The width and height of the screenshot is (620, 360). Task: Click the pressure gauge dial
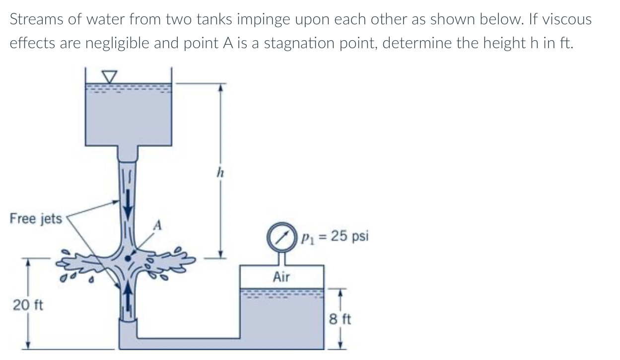click(281, 237)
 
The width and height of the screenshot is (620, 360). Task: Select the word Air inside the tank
click(281, 277)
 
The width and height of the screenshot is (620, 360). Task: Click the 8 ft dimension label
click(341, 318)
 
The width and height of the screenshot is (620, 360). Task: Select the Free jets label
click(36, 218)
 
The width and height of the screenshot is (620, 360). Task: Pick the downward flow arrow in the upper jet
click(129, 204)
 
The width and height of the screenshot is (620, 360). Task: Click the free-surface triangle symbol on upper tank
click(109, 76)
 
